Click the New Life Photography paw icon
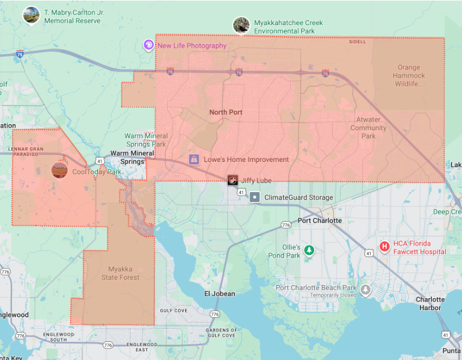click(x=148, y=45)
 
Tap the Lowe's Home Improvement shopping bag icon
click(x=194, y=159)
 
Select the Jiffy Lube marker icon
click(x=233, y=180)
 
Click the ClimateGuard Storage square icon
click(x=254, y=197)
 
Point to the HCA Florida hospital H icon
click(x=384, y=247)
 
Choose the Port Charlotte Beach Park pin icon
click(x=365, y=289)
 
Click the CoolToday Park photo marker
click(x=59, y=170)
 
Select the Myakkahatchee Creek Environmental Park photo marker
click(x=241, y=25)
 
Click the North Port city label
click(x=226, y=112)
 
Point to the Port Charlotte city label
click(x=320, y=220)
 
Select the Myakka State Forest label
click(x=120, y=273)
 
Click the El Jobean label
click(x=220, y=294)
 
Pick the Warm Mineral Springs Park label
click(x=146, y=140)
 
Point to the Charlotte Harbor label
click(x=430, y=304)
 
